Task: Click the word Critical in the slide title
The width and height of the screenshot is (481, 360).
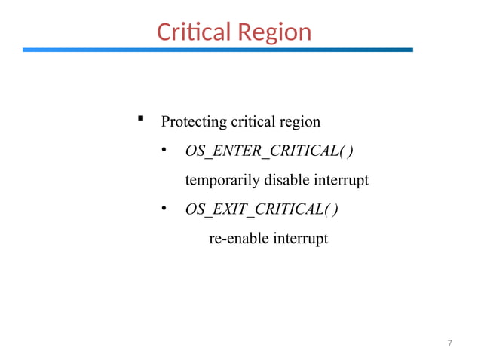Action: point(193,32)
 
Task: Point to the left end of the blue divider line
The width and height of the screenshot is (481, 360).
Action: point(25,50)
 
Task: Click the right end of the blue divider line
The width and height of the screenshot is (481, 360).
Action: point(411,50)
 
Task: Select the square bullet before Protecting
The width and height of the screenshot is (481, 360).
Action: point(140,119)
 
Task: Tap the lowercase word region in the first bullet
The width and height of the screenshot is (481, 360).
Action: point(300,122)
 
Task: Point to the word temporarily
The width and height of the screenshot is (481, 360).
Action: point(222,181)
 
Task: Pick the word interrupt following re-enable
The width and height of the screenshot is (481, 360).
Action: point(301,239)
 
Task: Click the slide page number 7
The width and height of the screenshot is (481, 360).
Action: point(449,343)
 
